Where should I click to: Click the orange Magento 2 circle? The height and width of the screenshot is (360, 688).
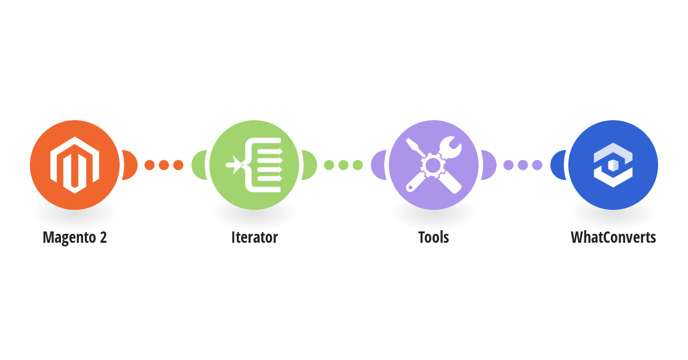pos(75,165)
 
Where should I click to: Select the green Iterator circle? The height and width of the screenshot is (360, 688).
pos(254,165)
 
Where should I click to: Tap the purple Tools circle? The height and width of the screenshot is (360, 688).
pos(434,165)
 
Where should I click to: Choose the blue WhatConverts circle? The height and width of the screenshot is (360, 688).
pos(613,165)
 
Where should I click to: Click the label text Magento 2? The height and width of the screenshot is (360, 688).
pos(75,237)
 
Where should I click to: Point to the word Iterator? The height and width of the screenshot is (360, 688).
pos(254,237)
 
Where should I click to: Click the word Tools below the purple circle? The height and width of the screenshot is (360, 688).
pos(434,237)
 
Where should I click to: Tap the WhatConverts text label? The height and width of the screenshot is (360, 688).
pos(613,237)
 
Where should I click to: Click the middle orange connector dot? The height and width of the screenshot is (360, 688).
pos(164,165)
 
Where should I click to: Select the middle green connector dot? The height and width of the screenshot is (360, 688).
pos(343,165)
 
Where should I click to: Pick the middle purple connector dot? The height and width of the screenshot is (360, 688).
pos(523,165)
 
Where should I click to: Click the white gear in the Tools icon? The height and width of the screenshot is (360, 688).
pos(433,165)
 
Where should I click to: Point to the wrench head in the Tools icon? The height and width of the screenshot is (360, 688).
pos(450,147)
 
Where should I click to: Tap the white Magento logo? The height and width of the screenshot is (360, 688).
pos(75,165)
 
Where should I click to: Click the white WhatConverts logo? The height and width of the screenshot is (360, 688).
pos(613,165)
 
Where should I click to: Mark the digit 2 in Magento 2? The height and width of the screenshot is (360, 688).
pos(103,237)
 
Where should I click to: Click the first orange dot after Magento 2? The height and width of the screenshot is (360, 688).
pos(150,165)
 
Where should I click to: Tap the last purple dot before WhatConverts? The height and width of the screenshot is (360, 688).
pos(537,165)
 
